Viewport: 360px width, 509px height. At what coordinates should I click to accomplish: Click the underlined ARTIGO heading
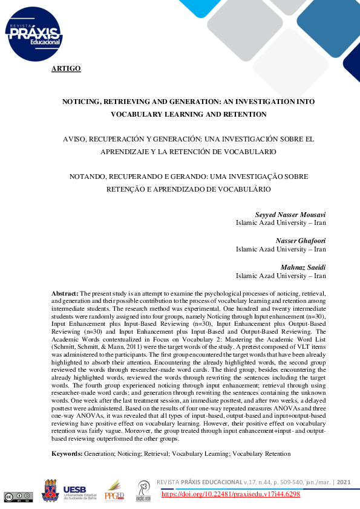(66, 68)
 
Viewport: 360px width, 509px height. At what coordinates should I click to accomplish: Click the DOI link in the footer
(231, 494)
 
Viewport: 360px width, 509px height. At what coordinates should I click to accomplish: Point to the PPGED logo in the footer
(114, 490)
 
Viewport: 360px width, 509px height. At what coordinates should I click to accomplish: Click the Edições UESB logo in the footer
(143, 490)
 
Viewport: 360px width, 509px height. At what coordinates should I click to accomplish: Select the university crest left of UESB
(50, 490)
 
